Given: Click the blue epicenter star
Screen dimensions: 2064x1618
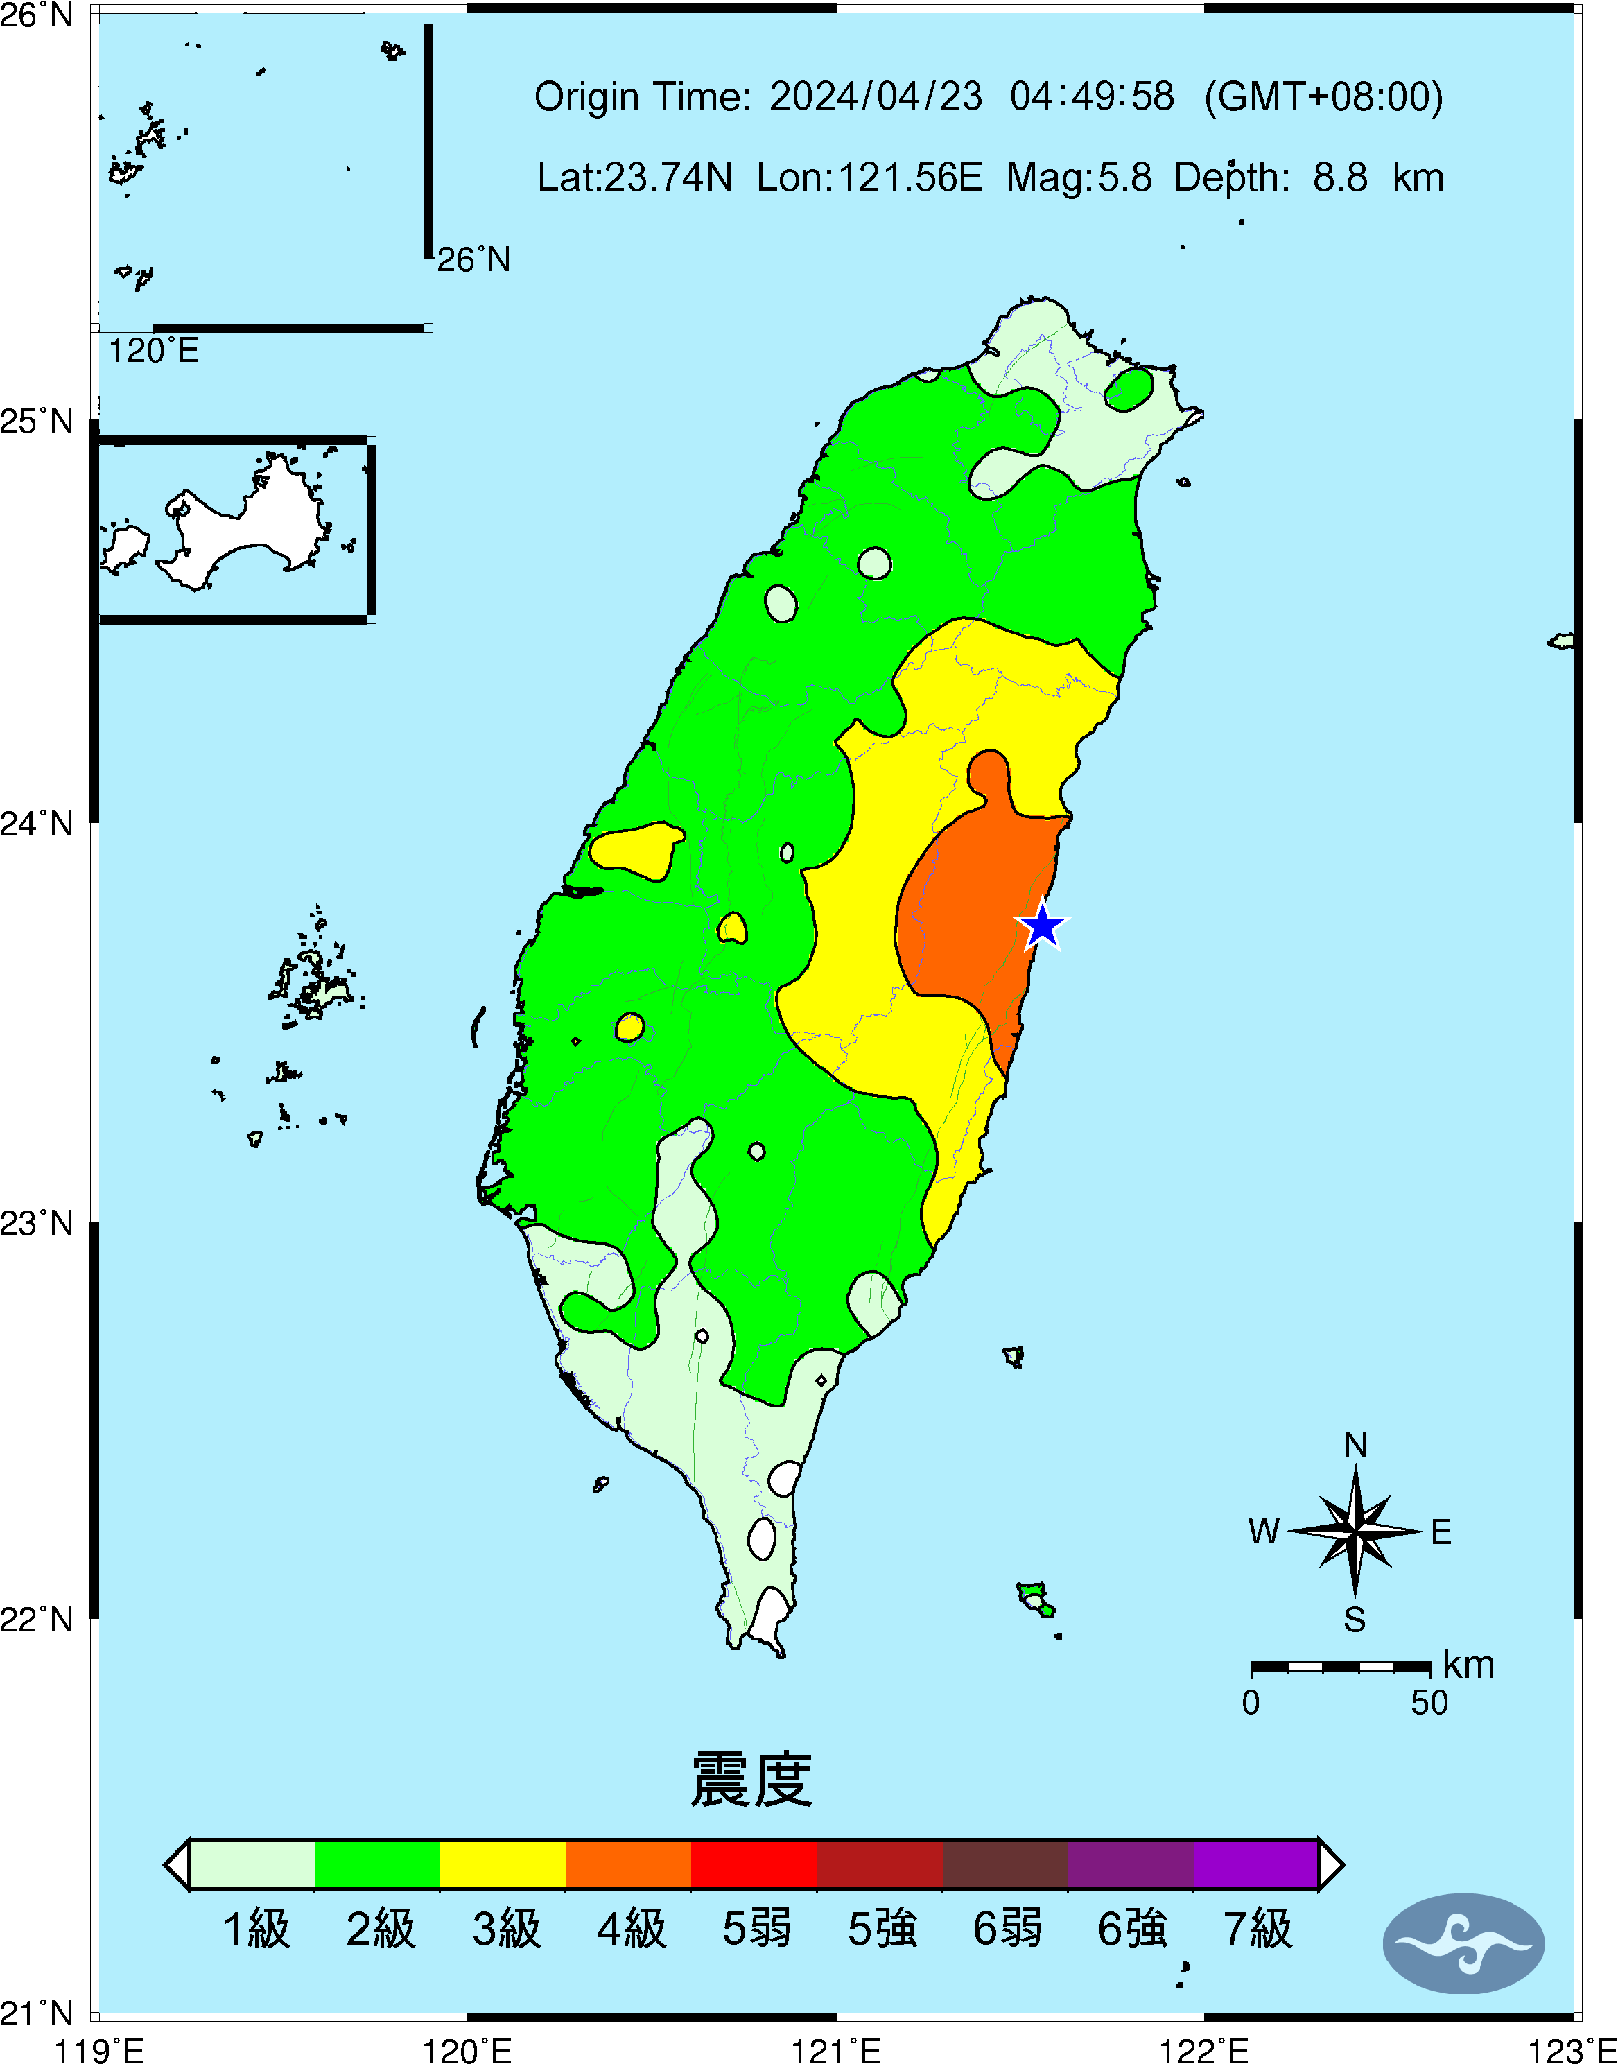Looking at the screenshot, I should pos(1042,926).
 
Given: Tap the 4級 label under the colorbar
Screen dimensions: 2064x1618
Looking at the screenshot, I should pos(631,1929).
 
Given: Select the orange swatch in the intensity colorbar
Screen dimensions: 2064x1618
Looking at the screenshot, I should pos(628,1864).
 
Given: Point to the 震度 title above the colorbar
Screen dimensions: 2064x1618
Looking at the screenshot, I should pos(751,1780).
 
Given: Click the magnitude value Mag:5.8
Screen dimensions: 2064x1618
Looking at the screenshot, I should pos(1079,177).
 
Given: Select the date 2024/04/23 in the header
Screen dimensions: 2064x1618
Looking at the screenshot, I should pos(876,96).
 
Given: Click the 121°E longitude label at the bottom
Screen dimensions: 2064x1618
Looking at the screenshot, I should pos(835,2051).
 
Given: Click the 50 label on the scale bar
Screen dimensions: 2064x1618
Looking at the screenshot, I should pos(1429,1703).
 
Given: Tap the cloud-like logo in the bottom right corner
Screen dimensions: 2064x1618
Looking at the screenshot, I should pos(1463,1943).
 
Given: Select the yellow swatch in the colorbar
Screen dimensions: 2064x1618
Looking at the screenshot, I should pos(503,1864).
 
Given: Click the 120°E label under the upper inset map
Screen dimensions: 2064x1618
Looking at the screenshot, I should pos(153,352).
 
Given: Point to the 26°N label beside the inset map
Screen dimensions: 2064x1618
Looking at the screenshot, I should pos(473,259).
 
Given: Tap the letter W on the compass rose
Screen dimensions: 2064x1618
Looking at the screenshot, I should pos(1264,1532).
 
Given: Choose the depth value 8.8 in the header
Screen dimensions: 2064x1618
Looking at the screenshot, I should pos(1339,177).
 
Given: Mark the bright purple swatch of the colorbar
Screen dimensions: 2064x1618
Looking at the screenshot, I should pos(1255,1864).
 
